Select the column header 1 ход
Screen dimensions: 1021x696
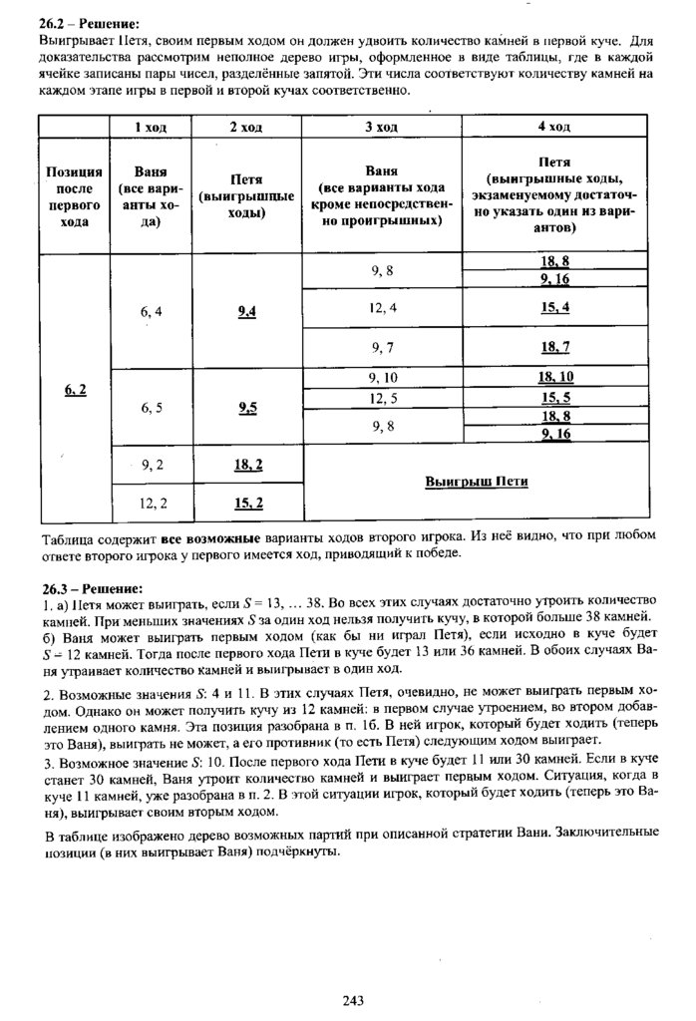click(151, 127)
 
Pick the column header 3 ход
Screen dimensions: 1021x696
click(381, 127)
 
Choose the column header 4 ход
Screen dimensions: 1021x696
click(553, 127)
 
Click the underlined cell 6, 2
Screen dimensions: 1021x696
click(75, 390)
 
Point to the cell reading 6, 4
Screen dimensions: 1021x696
click(152, 311)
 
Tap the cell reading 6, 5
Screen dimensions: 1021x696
click(152, 408)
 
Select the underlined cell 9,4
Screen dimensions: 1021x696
click(247, 311)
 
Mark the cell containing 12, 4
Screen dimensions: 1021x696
click(382, 308)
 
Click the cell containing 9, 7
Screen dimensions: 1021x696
click(382, 347)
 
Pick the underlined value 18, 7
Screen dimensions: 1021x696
click(554, 347)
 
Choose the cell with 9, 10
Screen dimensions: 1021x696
click(382, 378)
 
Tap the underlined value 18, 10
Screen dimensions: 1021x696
click(554, 377)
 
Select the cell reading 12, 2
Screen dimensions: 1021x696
click(152, 502)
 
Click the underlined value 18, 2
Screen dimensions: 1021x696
click(247, 465)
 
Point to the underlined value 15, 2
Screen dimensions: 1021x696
click(247, 502)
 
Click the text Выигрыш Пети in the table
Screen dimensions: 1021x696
click(476, 482)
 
